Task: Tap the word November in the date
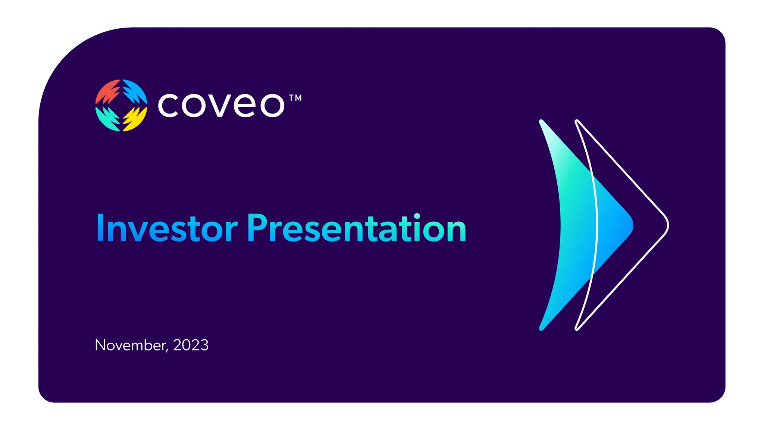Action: (130, 345)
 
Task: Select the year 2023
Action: (191, 345)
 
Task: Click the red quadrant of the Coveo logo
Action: (108, 91)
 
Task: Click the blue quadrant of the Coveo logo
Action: (135, 91)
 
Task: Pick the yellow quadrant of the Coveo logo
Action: (135, 119)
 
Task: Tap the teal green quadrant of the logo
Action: (107, 119)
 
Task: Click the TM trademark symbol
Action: (295, 98)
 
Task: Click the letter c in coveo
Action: (168, 106)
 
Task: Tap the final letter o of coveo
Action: (272, 106)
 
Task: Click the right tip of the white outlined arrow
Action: (668, 225)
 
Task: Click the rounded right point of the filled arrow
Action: (632, 225)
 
